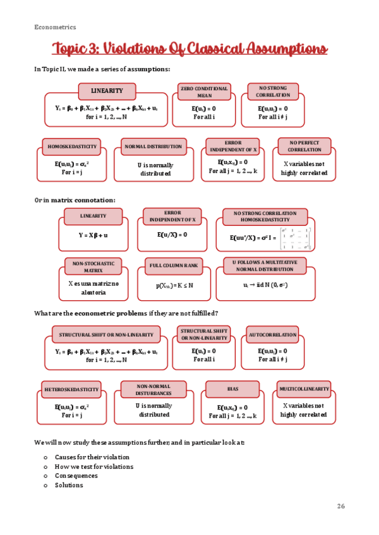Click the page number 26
point(341,506)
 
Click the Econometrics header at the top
point(56,27)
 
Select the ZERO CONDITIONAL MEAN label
point(204,92)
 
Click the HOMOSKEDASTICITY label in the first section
point(72,146)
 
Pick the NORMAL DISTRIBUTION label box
point(153,146)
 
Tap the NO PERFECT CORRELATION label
point(304,146)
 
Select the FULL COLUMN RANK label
point(174,266)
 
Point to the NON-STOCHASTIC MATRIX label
point(93,266)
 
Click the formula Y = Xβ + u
point(93,235)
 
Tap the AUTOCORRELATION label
point(272,334)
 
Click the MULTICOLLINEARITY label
point(304,389)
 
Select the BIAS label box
point(232,389)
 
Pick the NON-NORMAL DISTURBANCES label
point(153,389)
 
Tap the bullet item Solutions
point(69,485)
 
